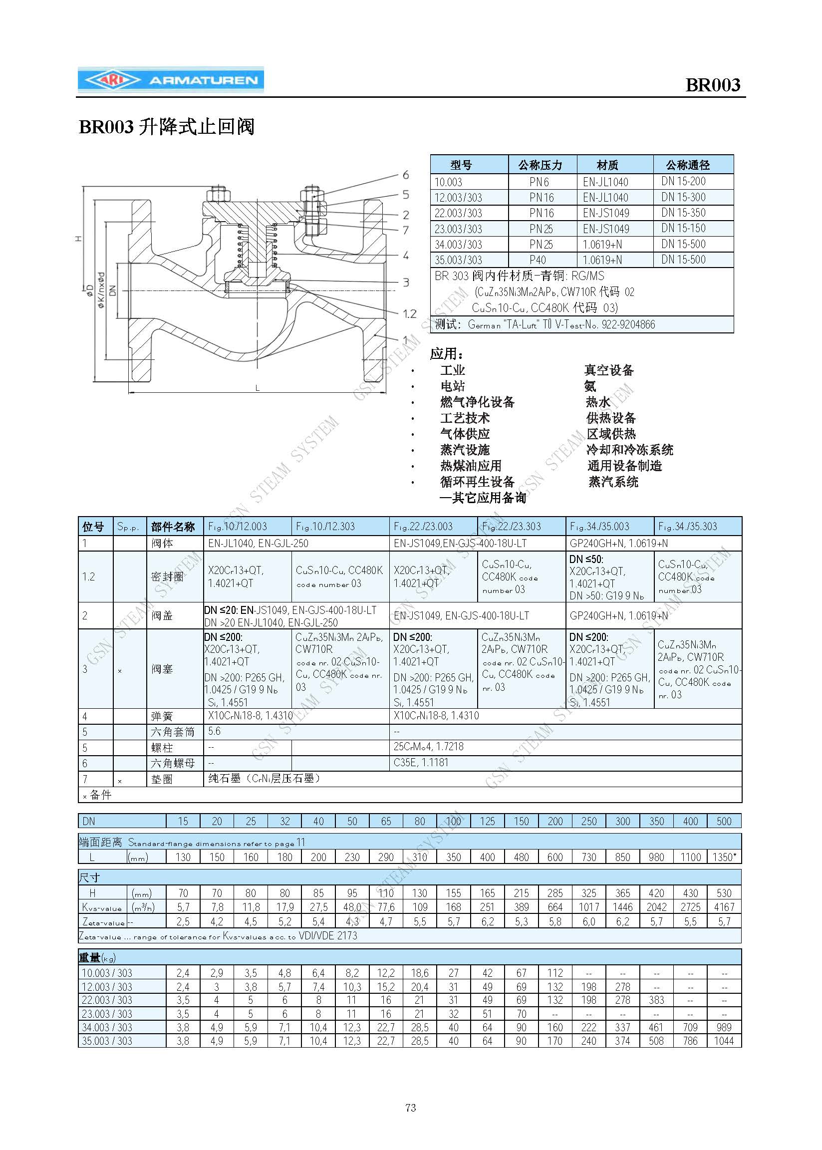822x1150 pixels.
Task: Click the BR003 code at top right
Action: point(712,85)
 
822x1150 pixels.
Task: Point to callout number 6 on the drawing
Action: point(405,175)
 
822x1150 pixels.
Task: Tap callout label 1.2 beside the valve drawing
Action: point(409,314)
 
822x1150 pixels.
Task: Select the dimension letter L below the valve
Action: point(257,388)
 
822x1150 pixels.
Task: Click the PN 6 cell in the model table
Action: point(539,182)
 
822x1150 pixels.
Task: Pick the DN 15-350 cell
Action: point(683,213)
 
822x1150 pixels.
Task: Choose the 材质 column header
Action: point(607,165)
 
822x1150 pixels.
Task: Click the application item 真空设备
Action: point(609,370)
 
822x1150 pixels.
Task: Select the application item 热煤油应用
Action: point(470,466)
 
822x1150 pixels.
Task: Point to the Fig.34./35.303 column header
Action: point(687,527)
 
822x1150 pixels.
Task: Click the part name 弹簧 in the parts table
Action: point(162,716)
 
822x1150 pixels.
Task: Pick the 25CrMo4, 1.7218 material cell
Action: point(428,747)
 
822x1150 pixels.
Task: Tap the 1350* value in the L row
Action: point(724,857)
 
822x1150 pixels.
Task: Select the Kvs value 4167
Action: point(724,907)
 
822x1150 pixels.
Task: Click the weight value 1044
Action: point(724,1041)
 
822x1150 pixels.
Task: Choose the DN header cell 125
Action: point(487,821)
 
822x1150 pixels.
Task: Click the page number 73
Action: point(410,1108)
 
